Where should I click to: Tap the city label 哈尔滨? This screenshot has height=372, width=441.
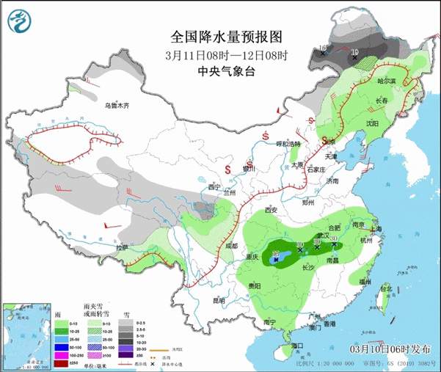(387, 81)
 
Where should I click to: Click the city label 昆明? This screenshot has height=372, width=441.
(218, 301)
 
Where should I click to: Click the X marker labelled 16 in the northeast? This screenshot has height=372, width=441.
(324, 54)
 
